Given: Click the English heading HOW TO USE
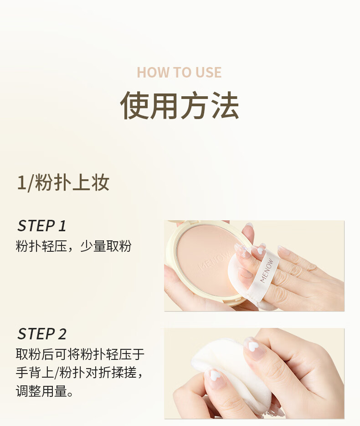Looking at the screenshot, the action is [x=179, y=72].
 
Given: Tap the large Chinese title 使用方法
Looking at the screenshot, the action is [x=180, y=105].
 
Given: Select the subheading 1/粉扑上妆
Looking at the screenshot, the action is [x=63, y=182].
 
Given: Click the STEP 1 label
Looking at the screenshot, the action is [x=42, y=226].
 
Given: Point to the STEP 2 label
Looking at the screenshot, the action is [x=42, y=333].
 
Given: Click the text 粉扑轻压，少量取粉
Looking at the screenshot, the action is [x=73, y=246].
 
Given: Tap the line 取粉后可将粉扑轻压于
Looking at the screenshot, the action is [x=80, y=354].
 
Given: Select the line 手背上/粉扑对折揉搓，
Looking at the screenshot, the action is [x=79, y=372].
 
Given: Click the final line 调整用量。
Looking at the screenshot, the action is [x=45, y=391].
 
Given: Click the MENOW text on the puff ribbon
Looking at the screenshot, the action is [x=267, y=270].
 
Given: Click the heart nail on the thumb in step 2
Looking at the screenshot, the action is [x=215, y=376].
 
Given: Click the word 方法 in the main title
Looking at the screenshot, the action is [x=210, y=105].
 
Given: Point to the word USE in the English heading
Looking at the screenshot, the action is [x=208, y=72].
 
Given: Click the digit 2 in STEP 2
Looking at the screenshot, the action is [x=62, y=334].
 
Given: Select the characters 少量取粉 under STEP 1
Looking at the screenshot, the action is [x=106, y=246].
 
